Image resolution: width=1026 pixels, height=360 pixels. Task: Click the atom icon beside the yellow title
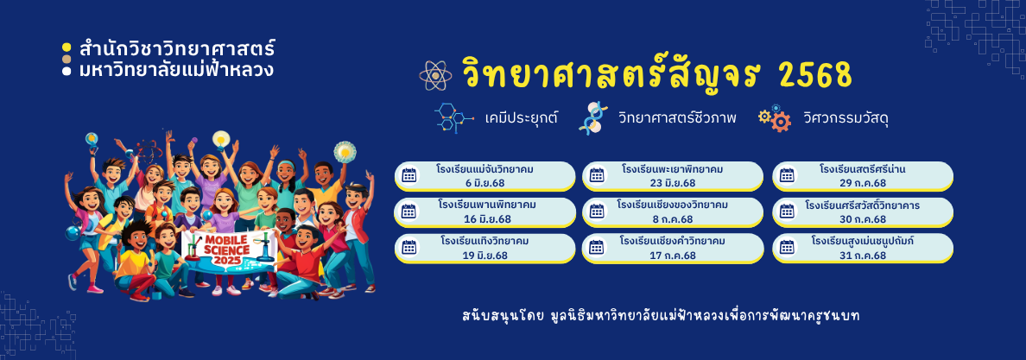(435, 75)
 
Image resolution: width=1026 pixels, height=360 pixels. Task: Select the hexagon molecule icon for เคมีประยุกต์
(453, 117)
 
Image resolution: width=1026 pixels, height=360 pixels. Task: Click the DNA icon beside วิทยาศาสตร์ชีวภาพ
(593, 117)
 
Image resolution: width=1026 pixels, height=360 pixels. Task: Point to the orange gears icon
(775, 118)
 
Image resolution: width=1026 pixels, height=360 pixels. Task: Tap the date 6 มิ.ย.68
(484, 183)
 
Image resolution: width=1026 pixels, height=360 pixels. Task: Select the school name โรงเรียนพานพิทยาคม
(484, 205)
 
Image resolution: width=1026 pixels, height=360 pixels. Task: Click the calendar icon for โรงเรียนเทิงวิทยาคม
(409, 248)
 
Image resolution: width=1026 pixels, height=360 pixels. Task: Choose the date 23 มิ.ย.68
(673, 183)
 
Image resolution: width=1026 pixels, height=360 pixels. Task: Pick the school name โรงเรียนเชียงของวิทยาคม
(672, 205)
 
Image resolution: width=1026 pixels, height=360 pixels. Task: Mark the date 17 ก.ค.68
(673, 256)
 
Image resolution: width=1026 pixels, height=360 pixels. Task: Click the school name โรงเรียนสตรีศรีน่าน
(863, 169)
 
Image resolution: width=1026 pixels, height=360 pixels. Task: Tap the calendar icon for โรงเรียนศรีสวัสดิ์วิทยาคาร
(787, 211)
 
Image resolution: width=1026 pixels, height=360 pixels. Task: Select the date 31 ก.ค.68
(863, 256)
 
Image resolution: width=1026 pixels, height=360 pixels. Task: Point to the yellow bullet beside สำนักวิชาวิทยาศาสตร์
(66, 47)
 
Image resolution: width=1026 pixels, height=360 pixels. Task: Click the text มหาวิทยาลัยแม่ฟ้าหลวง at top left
(176, 69)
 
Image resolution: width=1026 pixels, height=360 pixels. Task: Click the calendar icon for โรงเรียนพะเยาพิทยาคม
(597, 174)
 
